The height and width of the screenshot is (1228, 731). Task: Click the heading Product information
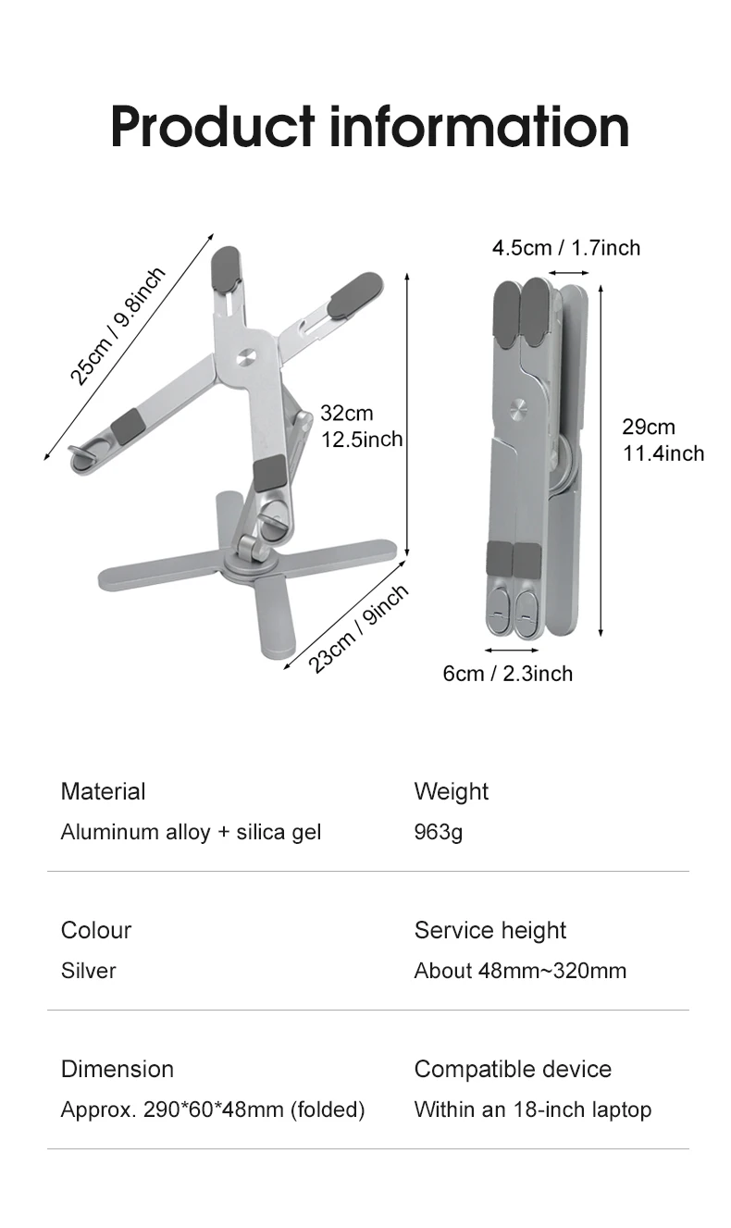click(x=369, y=127)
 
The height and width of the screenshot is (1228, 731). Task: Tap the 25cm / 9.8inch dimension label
click(x=118, y=325)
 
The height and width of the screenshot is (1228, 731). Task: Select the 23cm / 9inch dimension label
click(x=358, y=629)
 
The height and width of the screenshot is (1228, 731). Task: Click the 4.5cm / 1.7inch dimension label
click(x=565, y=247)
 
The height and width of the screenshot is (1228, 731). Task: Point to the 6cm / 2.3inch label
click(x=507, y=673)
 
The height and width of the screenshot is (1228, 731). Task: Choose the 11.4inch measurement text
click(x=663, y=453)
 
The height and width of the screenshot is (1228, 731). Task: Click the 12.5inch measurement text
click(x=362, y=439)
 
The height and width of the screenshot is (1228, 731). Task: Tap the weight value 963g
click(x=438, y=832)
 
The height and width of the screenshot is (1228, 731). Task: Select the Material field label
click(x=103, y=791)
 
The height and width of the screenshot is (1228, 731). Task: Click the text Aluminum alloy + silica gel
click(x=191, y=832)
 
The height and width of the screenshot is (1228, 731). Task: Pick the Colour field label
click(x=96, y=930)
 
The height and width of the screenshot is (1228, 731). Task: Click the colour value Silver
click(x=88, y=971)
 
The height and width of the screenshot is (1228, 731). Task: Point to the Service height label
click(x=489, y=930)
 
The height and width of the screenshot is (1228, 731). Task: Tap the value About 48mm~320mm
click(x=520, y=971)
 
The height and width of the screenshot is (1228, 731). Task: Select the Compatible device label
click(x=513, y=1069)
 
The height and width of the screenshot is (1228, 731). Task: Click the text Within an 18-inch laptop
click(x=532, y=1110)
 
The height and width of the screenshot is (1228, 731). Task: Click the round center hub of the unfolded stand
click(x=246, y=356)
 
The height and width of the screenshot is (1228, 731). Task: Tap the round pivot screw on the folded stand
click(x=518, y=406)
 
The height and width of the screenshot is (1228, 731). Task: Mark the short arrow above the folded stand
click(x=568, y=273)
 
